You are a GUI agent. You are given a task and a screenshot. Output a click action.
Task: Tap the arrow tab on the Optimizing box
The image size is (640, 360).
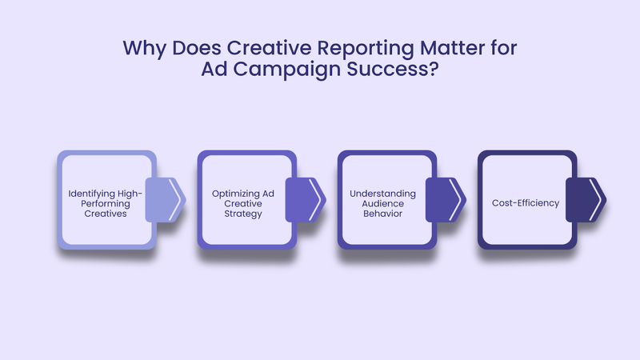tap(306, 199)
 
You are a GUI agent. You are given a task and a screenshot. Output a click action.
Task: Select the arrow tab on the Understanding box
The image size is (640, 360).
tap(446, 199)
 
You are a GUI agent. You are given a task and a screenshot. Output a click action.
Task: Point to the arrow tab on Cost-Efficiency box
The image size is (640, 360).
tap(586, 199)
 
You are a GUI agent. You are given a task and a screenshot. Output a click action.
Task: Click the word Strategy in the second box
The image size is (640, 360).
tap(242, 214)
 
